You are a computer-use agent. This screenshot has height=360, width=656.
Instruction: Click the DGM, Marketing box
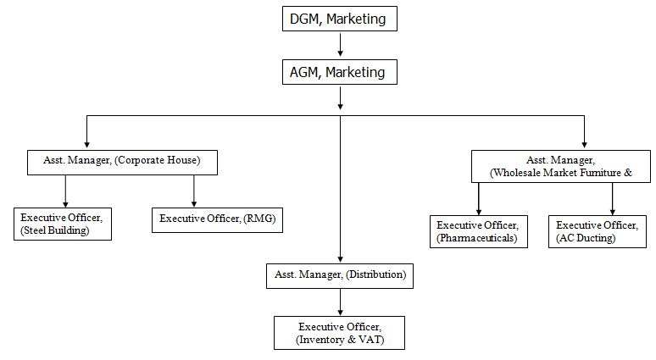(339, 19)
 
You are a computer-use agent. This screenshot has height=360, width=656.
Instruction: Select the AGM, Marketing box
(339, 73)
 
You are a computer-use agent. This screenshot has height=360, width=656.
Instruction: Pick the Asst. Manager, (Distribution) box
(340, 274)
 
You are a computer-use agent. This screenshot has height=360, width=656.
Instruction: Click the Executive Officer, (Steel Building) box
(62, 223)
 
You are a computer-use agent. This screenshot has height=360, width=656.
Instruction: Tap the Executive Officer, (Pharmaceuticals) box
(478, 231)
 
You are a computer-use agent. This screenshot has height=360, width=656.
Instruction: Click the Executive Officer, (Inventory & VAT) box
(339, 332)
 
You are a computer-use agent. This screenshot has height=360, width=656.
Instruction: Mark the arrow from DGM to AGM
(340, 45)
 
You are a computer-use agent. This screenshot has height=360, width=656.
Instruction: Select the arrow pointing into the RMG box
(194, 191)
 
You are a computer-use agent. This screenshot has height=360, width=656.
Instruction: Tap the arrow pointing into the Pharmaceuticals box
(479, 199)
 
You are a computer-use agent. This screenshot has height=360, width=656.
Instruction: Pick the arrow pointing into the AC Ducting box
(611, 199)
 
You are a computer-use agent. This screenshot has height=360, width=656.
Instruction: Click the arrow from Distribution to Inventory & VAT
(340, 301)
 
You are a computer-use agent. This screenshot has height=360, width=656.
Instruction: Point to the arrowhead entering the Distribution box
(340, 258)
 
